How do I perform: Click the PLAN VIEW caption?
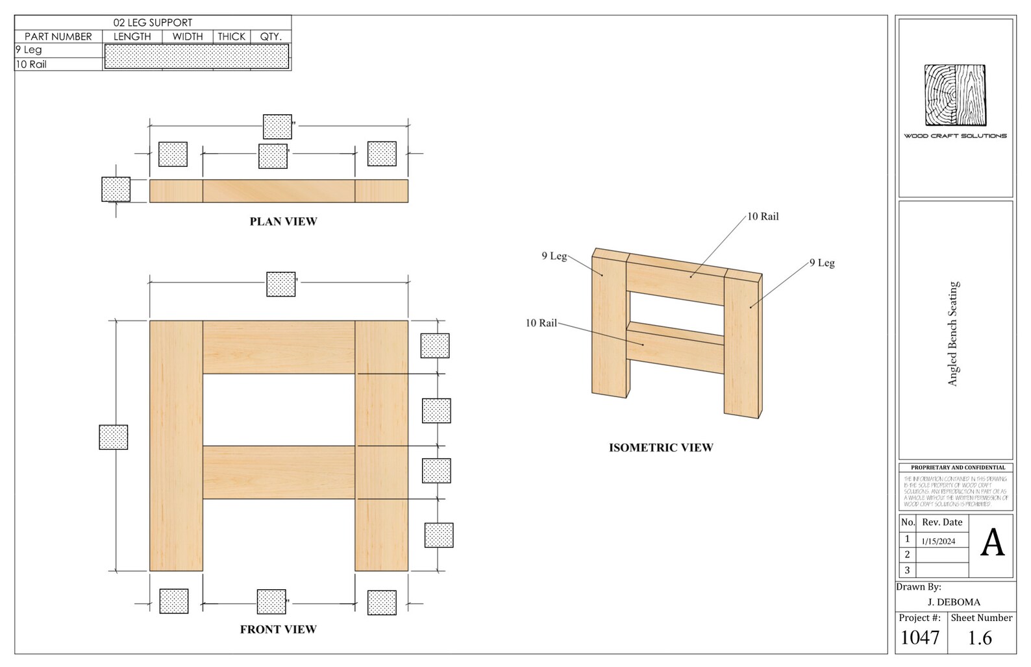283,221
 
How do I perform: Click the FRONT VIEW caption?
278,629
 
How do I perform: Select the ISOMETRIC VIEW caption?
660,448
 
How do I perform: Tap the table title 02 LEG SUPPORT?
153,23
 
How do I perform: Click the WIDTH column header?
188,36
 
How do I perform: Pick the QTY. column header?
271,36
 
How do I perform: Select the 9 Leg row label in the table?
29,50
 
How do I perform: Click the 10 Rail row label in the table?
31,64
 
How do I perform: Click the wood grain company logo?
955,95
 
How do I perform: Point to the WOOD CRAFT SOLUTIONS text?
955,136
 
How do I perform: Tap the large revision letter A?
992,543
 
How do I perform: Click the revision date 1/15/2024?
938,541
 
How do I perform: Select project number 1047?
920,638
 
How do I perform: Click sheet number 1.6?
980,638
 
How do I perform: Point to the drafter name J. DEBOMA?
954,602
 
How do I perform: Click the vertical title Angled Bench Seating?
952,333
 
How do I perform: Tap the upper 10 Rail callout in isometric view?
763,217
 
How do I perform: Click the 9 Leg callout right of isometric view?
822,263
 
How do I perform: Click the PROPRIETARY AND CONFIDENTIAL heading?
958,467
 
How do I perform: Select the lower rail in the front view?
279,472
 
